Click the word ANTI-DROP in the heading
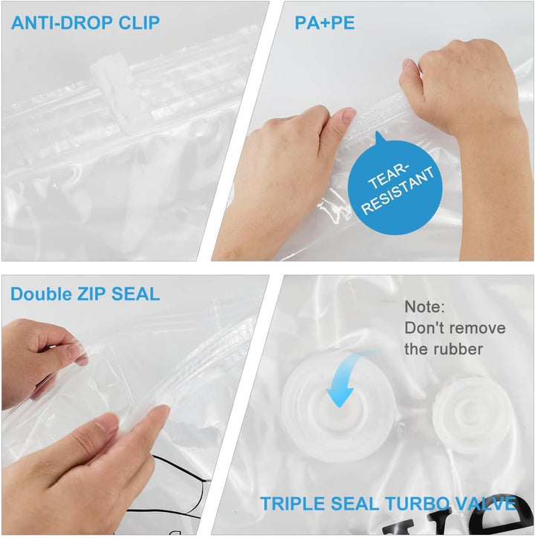tap(62, 22)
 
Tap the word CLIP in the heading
tap(139, 22)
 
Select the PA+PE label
tap(325, 22)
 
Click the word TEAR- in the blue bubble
tap(389, 176)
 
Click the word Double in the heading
tap(41, 294)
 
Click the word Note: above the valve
tap(424, 306)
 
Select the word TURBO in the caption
tap(417, 504)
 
